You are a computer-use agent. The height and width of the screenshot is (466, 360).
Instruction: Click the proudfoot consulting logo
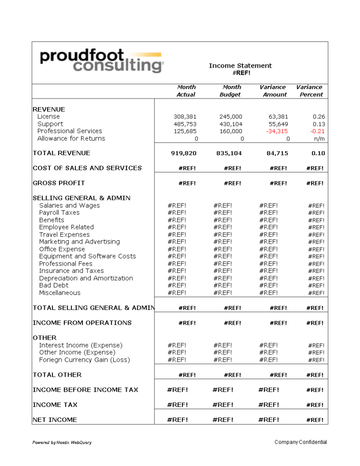tap(101, 61)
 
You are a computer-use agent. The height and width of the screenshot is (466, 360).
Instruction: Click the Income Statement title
tap(240, 66)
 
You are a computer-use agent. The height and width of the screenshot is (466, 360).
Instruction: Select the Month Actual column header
tap(186, 91)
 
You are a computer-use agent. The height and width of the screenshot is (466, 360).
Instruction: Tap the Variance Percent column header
tap(310, 91)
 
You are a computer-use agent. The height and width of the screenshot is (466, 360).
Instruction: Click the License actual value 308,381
tap(185, 117)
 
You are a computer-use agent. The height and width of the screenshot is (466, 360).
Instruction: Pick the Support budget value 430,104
tap(231, 124)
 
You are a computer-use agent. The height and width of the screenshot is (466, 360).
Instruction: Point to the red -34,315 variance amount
tap(276, 131)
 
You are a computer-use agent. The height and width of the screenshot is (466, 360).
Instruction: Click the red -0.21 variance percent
tap(317, 131)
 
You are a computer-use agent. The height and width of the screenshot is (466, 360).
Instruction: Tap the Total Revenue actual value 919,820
tap(184, 154)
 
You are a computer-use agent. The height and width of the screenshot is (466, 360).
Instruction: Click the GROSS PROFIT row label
tap(59, 183)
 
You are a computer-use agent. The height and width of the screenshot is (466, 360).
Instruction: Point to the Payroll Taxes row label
tap(59, 212)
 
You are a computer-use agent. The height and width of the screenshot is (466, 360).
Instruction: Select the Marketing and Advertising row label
tap(79, 242)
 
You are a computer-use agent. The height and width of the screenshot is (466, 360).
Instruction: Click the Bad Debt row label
tap(54, 285)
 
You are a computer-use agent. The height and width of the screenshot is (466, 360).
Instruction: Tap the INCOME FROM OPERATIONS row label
tap(82, 323)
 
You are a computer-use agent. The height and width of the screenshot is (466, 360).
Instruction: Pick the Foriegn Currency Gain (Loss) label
tap(84, 360)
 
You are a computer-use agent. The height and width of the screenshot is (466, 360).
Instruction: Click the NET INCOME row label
tap(55, 420)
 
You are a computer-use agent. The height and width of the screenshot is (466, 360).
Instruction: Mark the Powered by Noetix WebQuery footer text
tap(62, 442)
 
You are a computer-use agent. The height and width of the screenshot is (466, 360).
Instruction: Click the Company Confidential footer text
tap(300, 442)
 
